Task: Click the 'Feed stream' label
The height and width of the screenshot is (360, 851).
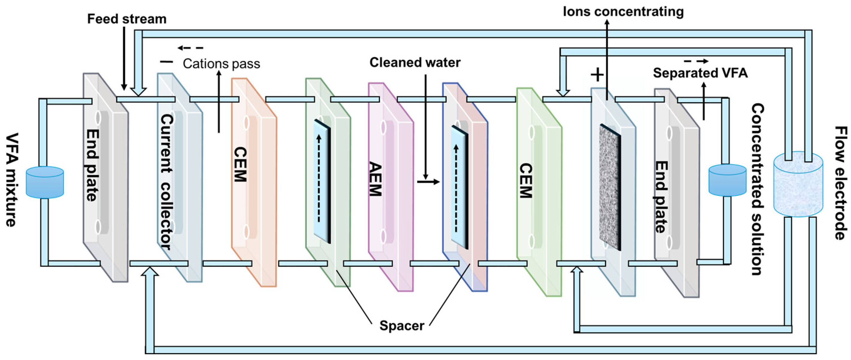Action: coord(127,19)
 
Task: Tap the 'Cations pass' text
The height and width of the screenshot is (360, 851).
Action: coord(221,64)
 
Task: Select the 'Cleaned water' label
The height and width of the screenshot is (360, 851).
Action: coord(415,62)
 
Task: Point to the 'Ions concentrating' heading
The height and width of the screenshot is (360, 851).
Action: coord(623,12)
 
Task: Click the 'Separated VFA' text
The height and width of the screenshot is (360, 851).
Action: coord(700,73)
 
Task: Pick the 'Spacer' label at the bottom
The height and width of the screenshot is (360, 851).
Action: coord(402,326)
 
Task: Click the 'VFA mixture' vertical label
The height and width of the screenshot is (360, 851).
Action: coord(12,180)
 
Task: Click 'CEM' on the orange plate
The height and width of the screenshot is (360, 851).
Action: coord(240,164)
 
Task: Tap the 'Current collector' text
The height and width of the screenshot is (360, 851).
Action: coord(167,182)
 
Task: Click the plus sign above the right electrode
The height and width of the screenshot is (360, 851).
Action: coord(597,75)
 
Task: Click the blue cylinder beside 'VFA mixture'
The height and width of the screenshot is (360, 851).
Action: coord(45,182)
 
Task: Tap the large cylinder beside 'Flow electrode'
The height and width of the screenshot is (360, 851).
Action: coord(798,184)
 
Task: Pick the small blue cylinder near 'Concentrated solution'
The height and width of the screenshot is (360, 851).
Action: coord(728,180)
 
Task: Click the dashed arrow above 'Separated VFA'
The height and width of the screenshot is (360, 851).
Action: coord(696,61)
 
